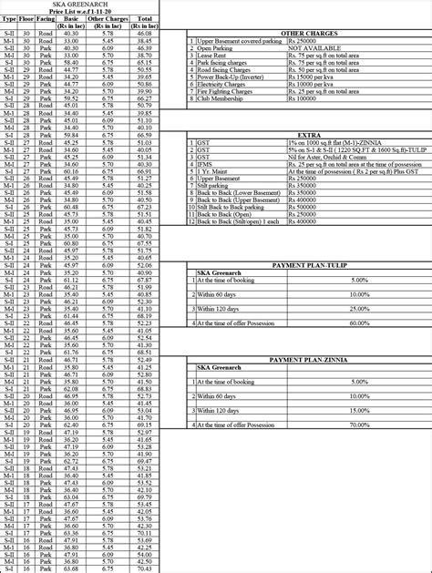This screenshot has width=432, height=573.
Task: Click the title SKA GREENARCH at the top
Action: pyautogui.click(x=79, y=5)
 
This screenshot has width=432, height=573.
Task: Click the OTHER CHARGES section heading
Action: pyautogui.click(x=308, y=33)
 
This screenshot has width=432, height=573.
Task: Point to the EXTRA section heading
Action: pyautogui.click(x=308, y=135)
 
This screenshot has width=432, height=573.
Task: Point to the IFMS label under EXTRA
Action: pyautogui.click(x=205, y=164)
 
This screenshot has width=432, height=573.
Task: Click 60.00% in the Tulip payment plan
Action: pyautogui.click(x=358, y=322)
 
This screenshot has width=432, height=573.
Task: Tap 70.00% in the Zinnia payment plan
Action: pyautogui.click(x=358, y=425)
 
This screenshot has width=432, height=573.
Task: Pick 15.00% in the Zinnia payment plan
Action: pyautogui.click(x=358, y=411)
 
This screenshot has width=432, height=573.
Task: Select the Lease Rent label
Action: pyautogui.click(x=212, y=56)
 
